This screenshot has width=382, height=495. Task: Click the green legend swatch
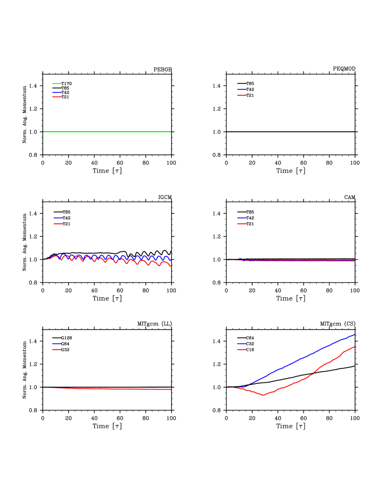point(57,83)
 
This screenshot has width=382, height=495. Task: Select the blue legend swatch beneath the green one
point(57,93)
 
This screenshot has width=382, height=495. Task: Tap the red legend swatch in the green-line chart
point(57,97)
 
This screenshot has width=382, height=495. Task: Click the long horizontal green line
point(107,132)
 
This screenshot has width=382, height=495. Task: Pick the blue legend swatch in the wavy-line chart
point(58,218)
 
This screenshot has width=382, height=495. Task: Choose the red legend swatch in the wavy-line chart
point(58,224)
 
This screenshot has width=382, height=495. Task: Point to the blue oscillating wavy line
point(138,256)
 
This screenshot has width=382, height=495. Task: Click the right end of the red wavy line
point(170,266)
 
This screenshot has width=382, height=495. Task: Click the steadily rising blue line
point(299,359)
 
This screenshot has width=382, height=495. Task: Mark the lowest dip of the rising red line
point(263,395)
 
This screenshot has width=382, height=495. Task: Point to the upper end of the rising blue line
point(354,335)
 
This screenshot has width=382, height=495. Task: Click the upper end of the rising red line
point(354,347)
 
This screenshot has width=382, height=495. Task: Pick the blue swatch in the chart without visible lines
point(242,89)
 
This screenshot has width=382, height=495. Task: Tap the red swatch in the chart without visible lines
point(242,95)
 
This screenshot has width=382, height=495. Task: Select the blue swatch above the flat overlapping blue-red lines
point(242,218)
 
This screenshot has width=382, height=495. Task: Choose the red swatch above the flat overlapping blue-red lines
point(242,224)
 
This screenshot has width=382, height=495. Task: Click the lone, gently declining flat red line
point(110,389)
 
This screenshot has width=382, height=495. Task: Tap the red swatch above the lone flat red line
point(57,349)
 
